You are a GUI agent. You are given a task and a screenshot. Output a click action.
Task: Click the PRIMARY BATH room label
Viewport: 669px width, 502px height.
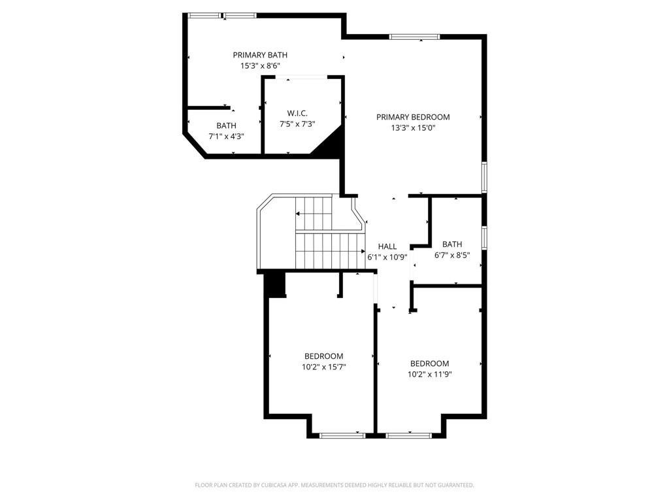click(x=260, y=55)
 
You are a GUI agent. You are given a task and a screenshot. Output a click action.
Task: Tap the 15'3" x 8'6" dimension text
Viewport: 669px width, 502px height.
click(x=260, y=66)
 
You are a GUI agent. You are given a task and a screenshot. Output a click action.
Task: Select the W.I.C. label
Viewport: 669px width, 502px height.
click(x=297, y=113)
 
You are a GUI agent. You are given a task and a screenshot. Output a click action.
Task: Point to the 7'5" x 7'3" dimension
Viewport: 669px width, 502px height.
click(x=297, y=124)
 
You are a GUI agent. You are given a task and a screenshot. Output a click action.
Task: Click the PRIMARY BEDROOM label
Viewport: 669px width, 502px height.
click(x=413, y=117)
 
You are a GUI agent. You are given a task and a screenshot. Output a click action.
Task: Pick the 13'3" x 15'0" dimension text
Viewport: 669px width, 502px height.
click(x=413, y=127)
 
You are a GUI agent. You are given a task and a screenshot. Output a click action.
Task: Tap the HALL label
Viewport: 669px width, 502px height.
click(x=387, y=246)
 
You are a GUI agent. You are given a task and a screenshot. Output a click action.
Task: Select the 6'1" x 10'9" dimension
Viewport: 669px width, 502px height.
click(x=387, y=257)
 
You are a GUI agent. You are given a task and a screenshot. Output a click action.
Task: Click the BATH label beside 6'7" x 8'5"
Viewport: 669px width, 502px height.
click(x=452, y=244)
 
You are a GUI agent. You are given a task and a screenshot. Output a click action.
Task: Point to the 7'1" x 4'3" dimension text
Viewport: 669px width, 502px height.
click(x=226, y=137)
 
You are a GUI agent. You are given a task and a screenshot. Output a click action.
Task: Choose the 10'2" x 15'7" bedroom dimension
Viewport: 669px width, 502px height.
click(x=323, y=367)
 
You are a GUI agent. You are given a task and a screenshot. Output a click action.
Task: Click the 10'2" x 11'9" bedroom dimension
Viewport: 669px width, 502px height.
click(x=429, y=375)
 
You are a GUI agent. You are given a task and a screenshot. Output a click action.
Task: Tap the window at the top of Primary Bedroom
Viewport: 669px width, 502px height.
click(x=414, y=37)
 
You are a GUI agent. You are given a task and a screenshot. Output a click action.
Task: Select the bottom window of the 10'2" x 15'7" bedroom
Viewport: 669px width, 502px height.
click(x=342, y=435)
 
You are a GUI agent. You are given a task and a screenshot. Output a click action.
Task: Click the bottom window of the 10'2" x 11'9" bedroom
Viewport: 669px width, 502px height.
click(x=409, y=435)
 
